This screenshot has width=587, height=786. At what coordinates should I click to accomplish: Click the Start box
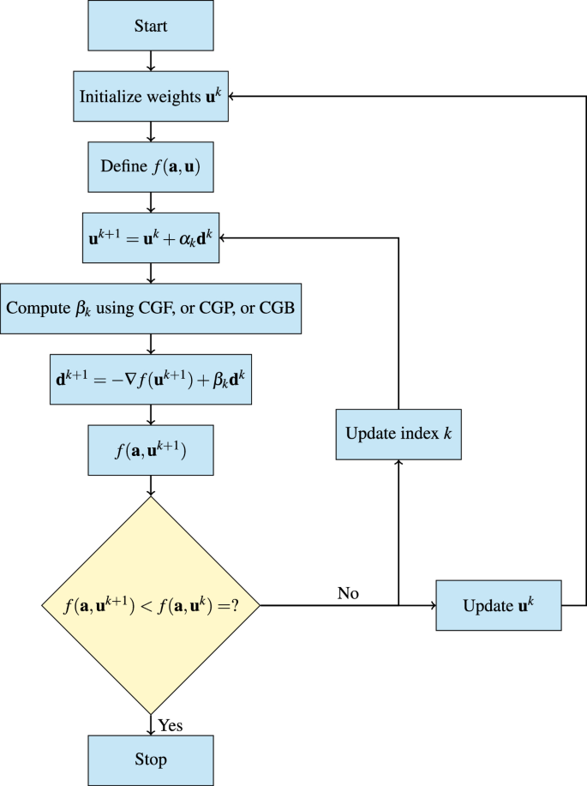point(151,26)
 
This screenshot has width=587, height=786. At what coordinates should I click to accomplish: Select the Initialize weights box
point(151,97)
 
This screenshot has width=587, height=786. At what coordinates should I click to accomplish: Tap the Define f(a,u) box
point(151,167)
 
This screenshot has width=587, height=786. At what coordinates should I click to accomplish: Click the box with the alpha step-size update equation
point(151,237)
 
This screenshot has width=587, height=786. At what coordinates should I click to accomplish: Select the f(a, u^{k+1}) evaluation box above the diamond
point(151,450)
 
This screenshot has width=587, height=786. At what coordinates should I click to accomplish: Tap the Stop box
point(151,759)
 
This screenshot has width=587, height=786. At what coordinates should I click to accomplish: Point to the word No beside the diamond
point(348,593)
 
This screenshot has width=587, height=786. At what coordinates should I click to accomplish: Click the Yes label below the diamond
point(171,726)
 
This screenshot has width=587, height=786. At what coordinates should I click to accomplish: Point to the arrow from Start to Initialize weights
point(151,61)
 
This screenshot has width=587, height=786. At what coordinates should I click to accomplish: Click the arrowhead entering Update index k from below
point(398,464)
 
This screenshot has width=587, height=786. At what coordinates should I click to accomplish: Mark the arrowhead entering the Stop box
point(151,731)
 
